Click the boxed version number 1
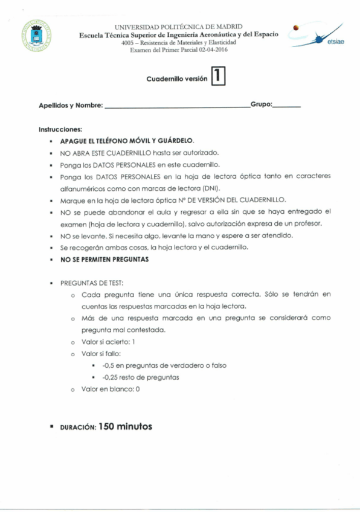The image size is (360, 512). (217, 77)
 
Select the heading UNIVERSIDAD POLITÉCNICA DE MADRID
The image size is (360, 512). (178, 27)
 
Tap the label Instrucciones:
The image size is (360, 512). (60, 129)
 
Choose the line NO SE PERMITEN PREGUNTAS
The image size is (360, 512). (103, 260)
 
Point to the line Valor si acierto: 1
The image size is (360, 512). (112, 342)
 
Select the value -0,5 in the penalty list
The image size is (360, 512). (109, 366)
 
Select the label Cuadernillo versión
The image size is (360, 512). (176, 79)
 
